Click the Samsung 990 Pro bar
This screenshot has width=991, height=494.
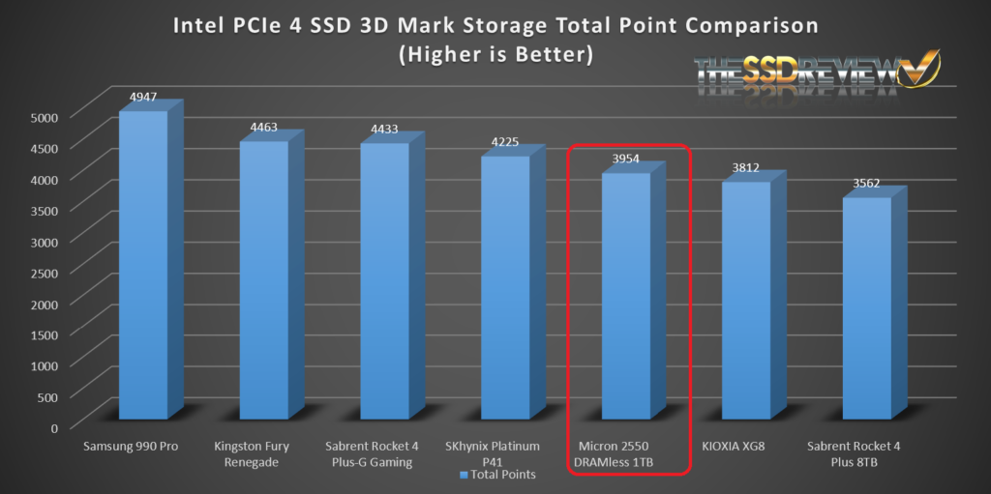tap(143, 266)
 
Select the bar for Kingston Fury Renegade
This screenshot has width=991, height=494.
tap(264, 280)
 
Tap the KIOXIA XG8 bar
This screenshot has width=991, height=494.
tap(747, 300)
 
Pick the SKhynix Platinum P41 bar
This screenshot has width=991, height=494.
tap(505, 287)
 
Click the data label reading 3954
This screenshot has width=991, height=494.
tap(626, 160)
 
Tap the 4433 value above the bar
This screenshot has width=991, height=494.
tap(385, 129)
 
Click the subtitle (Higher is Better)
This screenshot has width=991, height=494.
tap(495, 54)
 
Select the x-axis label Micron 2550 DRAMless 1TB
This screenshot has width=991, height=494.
tap(626, 454)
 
